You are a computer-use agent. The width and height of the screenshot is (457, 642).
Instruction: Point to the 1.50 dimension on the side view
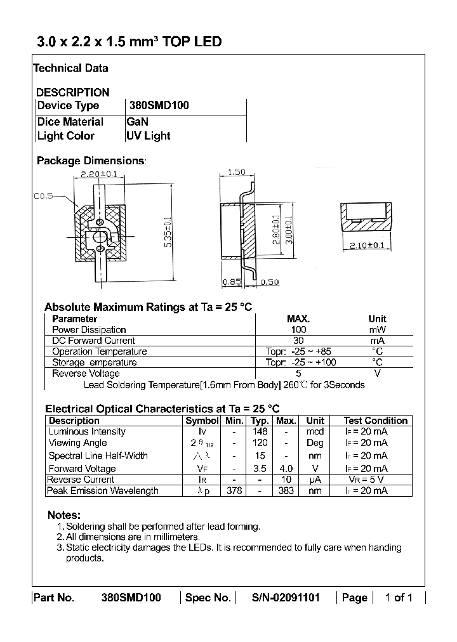tap(236, 172)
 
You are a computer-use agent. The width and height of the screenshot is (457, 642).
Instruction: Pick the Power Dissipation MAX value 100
tap(298, 330)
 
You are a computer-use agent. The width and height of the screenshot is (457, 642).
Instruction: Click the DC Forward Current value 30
tap(298, 341)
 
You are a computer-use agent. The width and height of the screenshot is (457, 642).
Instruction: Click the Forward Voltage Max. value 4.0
tap(286, 469)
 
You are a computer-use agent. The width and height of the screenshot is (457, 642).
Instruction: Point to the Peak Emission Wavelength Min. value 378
tap(234, 490)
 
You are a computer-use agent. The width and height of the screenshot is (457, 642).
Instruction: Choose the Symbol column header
tap(202, 421)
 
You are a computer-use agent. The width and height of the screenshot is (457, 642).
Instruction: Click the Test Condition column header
tap(375, 421)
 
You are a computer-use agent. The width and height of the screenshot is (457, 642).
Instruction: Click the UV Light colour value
tap(149, 136)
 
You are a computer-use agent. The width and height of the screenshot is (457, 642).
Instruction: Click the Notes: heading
tap(64, 514)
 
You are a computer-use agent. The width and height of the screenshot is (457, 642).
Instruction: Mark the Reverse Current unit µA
tap(315, 480)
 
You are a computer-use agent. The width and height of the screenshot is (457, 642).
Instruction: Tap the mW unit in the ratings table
tap(377, 330)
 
